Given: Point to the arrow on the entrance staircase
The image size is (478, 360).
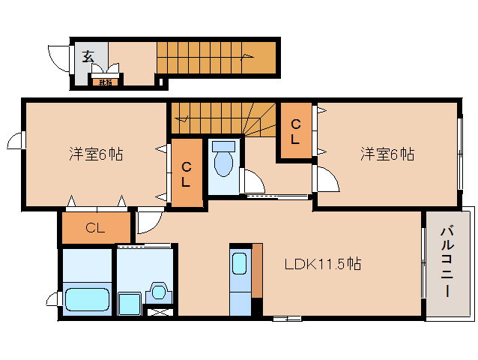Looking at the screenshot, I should click(x=247, y=55).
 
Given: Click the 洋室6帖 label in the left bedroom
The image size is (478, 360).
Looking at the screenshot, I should click(x=96, y=154).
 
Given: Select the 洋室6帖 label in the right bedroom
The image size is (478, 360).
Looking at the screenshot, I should click(x=387, y=154).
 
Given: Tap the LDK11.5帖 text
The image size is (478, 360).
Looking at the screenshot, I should click(x=323, y=264).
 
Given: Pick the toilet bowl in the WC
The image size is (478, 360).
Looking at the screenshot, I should click(x=223, y=162).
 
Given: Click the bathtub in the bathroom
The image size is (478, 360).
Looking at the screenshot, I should click(x=87, y=300).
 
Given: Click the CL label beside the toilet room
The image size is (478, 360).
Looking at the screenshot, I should click(x=185, y=174).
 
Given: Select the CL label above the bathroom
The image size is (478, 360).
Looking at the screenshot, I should click(x=94, y=227).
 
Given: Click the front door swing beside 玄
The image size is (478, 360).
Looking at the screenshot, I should click(x=58, y=57).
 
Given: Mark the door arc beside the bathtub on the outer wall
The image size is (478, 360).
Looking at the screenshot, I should click(x=52, y=300).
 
